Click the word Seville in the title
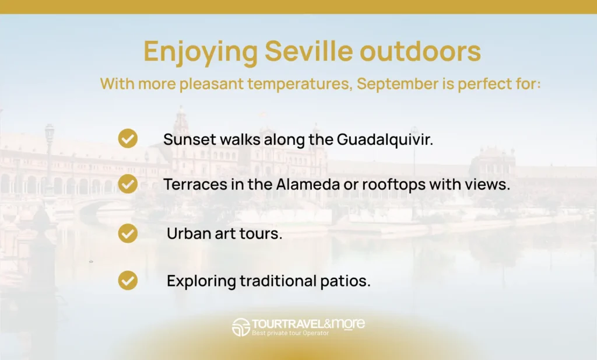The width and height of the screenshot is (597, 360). point(309,51)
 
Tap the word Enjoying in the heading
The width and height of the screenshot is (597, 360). point(201,53)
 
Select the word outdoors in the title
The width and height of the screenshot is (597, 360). point(420,51)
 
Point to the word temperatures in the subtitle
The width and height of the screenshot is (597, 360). point(300,84)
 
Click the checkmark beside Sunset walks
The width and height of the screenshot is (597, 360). point(128,138)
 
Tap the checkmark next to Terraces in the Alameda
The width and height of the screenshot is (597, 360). point(128,184)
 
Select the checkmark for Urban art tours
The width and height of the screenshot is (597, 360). point(128,233)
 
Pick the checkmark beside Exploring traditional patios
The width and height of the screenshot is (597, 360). point(128,281)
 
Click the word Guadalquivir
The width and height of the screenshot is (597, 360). point(385,140)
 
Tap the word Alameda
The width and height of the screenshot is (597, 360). point(308,184)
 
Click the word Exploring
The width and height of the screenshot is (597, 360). point(201,282)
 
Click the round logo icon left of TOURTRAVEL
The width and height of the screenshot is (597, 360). point(241,327)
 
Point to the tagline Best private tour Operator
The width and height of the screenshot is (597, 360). point(290,333)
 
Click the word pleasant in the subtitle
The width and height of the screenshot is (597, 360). point(211,84)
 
